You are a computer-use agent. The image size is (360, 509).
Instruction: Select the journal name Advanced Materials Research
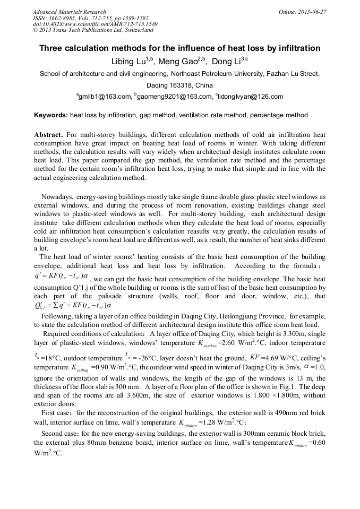(x=70, y=12)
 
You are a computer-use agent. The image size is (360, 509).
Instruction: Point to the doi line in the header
(x=95, y=24)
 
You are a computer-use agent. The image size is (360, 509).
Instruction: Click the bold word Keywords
(x=51, y=115)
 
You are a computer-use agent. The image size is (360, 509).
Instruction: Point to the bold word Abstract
(x=49, y=135)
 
